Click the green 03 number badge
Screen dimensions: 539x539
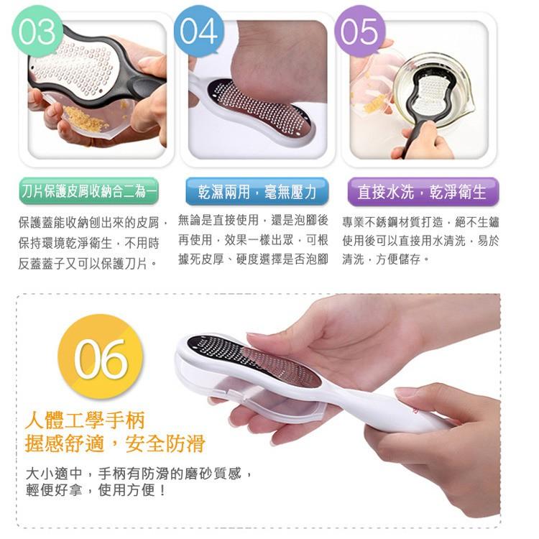point(37,31)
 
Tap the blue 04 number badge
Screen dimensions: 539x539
point(198,31)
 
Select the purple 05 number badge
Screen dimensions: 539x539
point(360,31)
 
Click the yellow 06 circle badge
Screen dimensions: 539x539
point(100,356)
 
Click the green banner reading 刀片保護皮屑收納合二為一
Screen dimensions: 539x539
point(88,191)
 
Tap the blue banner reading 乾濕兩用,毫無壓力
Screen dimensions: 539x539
point(257,191)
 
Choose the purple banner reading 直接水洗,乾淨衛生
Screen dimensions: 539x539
point(423,191)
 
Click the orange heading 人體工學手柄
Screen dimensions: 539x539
point(85,420)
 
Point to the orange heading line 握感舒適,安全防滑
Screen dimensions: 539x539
point(115,443)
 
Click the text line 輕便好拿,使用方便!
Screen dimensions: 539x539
point(96,490)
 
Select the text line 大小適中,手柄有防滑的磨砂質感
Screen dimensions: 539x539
point(139,474)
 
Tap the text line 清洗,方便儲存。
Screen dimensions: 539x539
point(386,259)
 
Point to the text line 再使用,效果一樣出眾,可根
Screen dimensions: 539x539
point(253,240)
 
